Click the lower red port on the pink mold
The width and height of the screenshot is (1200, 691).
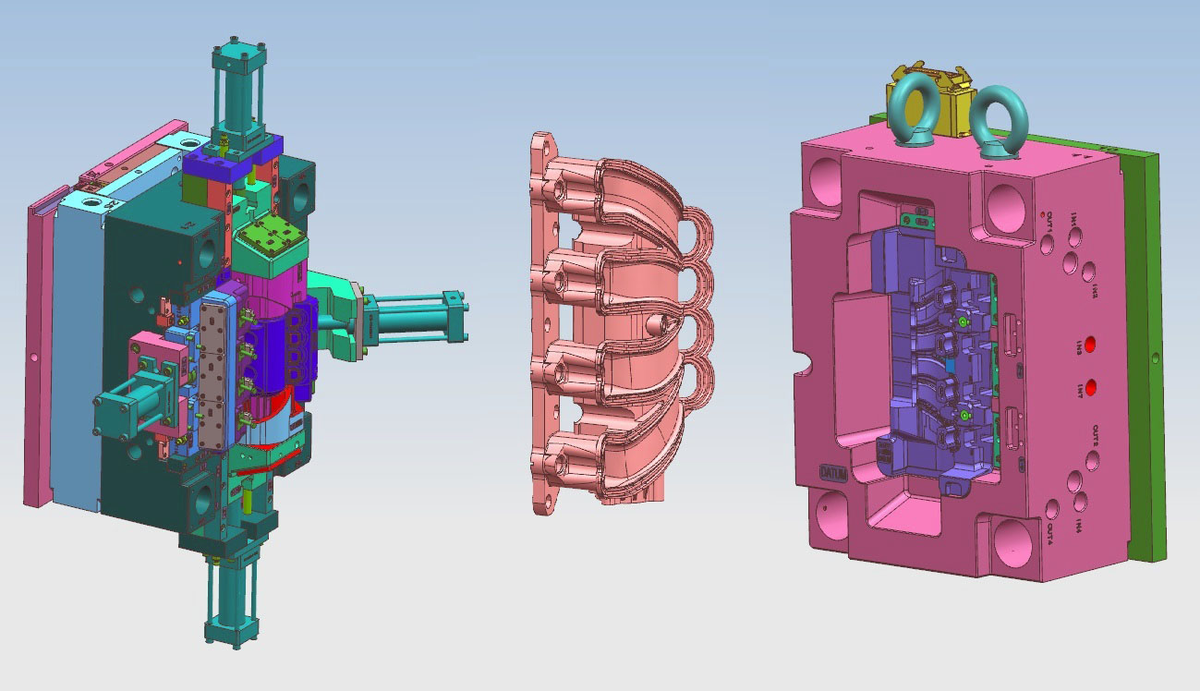click(1091, 386)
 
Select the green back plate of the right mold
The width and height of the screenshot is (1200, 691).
click(1149, 351)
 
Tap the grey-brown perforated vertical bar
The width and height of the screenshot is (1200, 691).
click(213, 374)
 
